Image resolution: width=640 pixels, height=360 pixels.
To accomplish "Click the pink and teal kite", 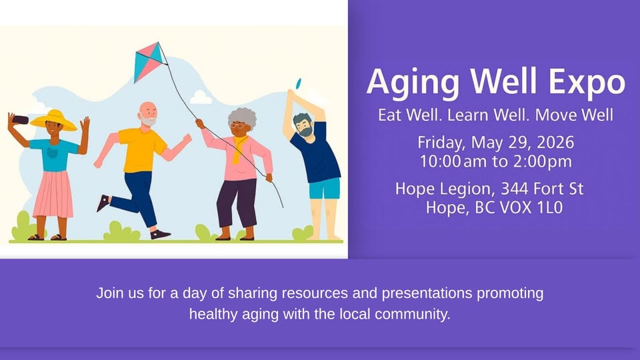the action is tap(150, 61).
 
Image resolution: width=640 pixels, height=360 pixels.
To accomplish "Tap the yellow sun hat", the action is tap(54, 121).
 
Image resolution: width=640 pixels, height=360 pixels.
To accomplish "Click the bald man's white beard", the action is tap(148, 121).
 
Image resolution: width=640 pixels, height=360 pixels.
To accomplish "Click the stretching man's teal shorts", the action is tap(325, 188).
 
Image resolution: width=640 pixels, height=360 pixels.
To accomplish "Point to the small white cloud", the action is tap(201, 98).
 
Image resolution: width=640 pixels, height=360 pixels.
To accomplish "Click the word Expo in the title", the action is tap(587, 82).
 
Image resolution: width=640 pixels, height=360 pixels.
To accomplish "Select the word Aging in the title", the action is tap(413, 83).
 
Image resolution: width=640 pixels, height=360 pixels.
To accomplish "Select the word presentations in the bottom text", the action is tap(427, 293).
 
